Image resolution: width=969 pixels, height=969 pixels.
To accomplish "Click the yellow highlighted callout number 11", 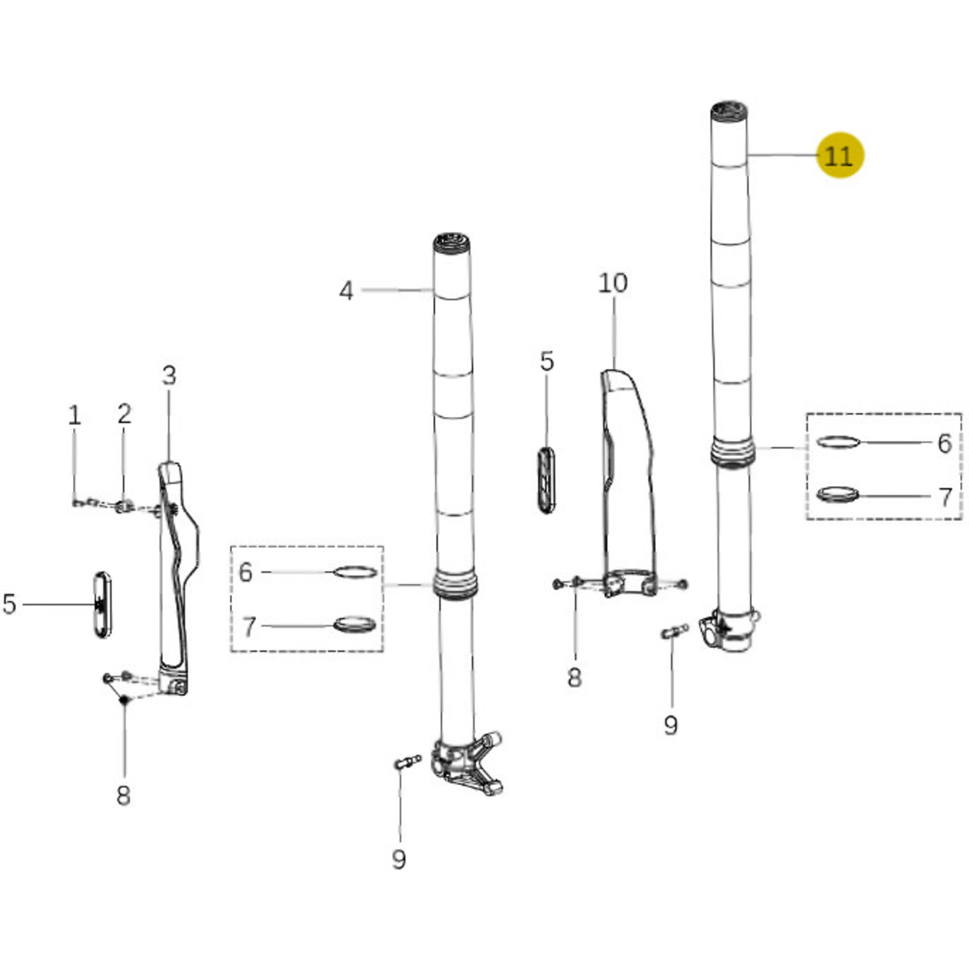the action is [x=840, y=155].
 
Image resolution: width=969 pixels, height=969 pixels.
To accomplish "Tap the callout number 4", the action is [x=347, y=290].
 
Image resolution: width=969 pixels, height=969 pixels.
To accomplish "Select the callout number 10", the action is [x=613, y=283].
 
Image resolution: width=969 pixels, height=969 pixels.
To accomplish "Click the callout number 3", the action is [x=169, y=375].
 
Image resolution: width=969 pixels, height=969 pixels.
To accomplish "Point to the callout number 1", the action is [x=74, y=415].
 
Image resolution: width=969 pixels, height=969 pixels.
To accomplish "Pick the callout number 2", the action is [x=124, y=414].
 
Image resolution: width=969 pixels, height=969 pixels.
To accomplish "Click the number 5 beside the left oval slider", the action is [x=9, y=604].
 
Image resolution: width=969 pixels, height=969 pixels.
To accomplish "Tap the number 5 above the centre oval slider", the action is [x=547, y=361].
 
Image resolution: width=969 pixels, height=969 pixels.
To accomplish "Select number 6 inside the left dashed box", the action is [x=246, y=572].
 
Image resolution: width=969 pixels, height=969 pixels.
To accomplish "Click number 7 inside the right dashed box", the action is [x=945, y=497].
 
